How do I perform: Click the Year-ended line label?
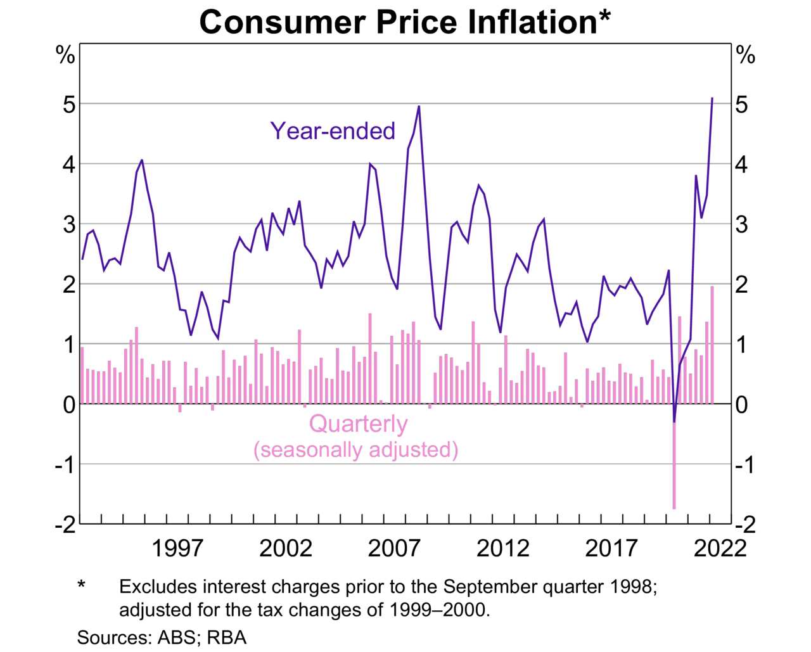pos(333,131)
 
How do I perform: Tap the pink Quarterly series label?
pos(358,423)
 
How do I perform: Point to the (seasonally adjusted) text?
pos(355,449)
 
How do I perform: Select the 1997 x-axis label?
pos(177,547)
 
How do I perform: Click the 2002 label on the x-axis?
pos(286,547)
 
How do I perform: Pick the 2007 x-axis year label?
pos(394,547)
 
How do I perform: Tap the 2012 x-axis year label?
pos(502,547)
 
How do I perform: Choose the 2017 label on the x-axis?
pos(611,547)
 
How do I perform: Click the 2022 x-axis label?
pos(720,547)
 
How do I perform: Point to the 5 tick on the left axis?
pos(68,104)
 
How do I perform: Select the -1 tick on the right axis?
pos(745,464)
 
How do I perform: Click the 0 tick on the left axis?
pos(68,404)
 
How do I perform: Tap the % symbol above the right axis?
pos(746,56)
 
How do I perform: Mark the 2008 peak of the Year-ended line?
pos(419,107)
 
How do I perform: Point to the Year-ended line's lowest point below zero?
pos(674,421)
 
